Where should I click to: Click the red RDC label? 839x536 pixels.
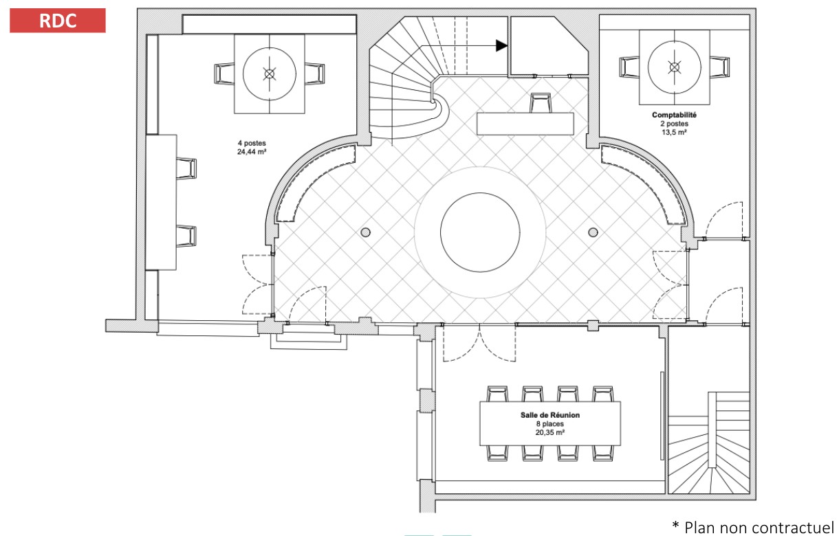tap(58, 21)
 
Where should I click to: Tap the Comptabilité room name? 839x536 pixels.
tap(674, 115)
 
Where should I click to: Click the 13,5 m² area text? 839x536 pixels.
tap(674, 132)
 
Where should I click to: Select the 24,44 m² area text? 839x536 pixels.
tap(252, 152)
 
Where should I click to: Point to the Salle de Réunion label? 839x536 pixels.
tap(550, 415)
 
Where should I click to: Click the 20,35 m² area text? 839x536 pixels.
tap(550, 432)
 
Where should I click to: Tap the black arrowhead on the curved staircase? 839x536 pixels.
tap(502, 45)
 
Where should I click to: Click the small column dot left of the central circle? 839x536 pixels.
tap(366, 232)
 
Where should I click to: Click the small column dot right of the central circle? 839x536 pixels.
tap(593, 232)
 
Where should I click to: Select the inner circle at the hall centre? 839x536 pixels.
tap(480, 193)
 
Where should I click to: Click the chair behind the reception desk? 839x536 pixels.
tap(541, 103)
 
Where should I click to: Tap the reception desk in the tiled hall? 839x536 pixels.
tap(525, 124)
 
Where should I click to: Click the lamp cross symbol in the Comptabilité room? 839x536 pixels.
tap(674, 67)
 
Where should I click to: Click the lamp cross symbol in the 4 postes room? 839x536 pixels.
tap(270, 74)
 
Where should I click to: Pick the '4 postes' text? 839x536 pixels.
tap(252, 143)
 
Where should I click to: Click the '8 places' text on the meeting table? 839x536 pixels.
tap(550, 424)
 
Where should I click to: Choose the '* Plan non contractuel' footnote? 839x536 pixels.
tap(753, 527)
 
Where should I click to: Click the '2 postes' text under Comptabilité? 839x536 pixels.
tap(674, 124)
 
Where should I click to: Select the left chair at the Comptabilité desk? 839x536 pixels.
tap(629, 67)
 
